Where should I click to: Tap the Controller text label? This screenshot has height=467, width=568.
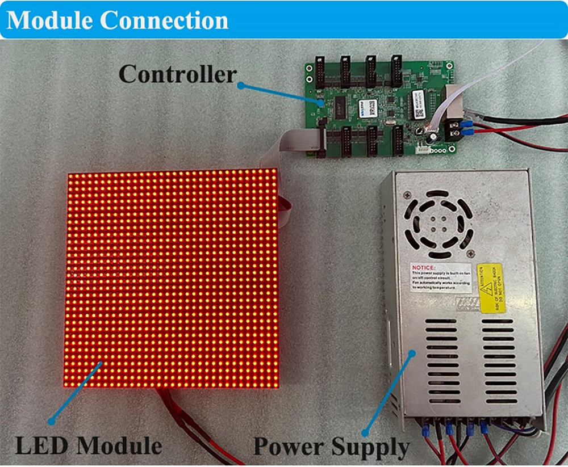pyautogui.click(x=177, y=74)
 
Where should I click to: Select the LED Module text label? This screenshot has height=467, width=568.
pyautogui.click(x=89, y=445)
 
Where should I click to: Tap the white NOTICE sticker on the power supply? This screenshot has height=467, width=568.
pyautogui.click(x=440, y=277)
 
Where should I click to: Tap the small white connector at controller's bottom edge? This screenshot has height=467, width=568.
pyautogui.click(x=423, y=150)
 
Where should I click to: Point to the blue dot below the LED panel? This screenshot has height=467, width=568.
pyautogui.click(x=51, y=421)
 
